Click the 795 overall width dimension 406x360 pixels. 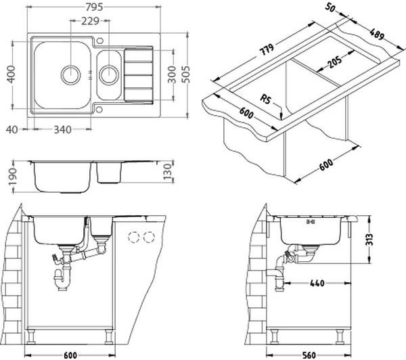(x=94, y=7)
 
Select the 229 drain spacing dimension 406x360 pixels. (x=90, y=21)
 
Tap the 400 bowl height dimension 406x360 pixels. (x=11, y=74)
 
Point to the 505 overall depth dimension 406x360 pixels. (x=185, y=74)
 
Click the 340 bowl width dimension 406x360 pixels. (x=62, y=129)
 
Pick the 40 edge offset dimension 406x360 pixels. (x=12, y=129)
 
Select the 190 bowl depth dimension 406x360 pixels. (x=12, y=177)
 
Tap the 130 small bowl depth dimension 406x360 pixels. (x=168, y=172)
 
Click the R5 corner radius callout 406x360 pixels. (x=265, y=99)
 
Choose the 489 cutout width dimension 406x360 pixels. (x=376, y=35)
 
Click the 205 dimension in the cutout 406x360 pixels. (x=334, y=62)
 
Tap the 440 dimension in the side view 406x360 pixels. (x=317, y=283)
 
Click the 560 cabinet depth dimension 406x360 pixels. (x=309, y=355)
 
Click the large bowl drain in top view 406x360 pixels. (x=70, y=75)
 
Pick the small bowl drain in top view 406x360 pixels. (x=109, y=75)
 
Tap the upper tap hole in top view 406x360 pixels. (x=100, y=41)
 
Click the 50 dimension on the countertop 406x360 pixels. (x=330, y=7)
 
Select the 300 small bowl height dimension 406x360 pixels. (x=171, y=74)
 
